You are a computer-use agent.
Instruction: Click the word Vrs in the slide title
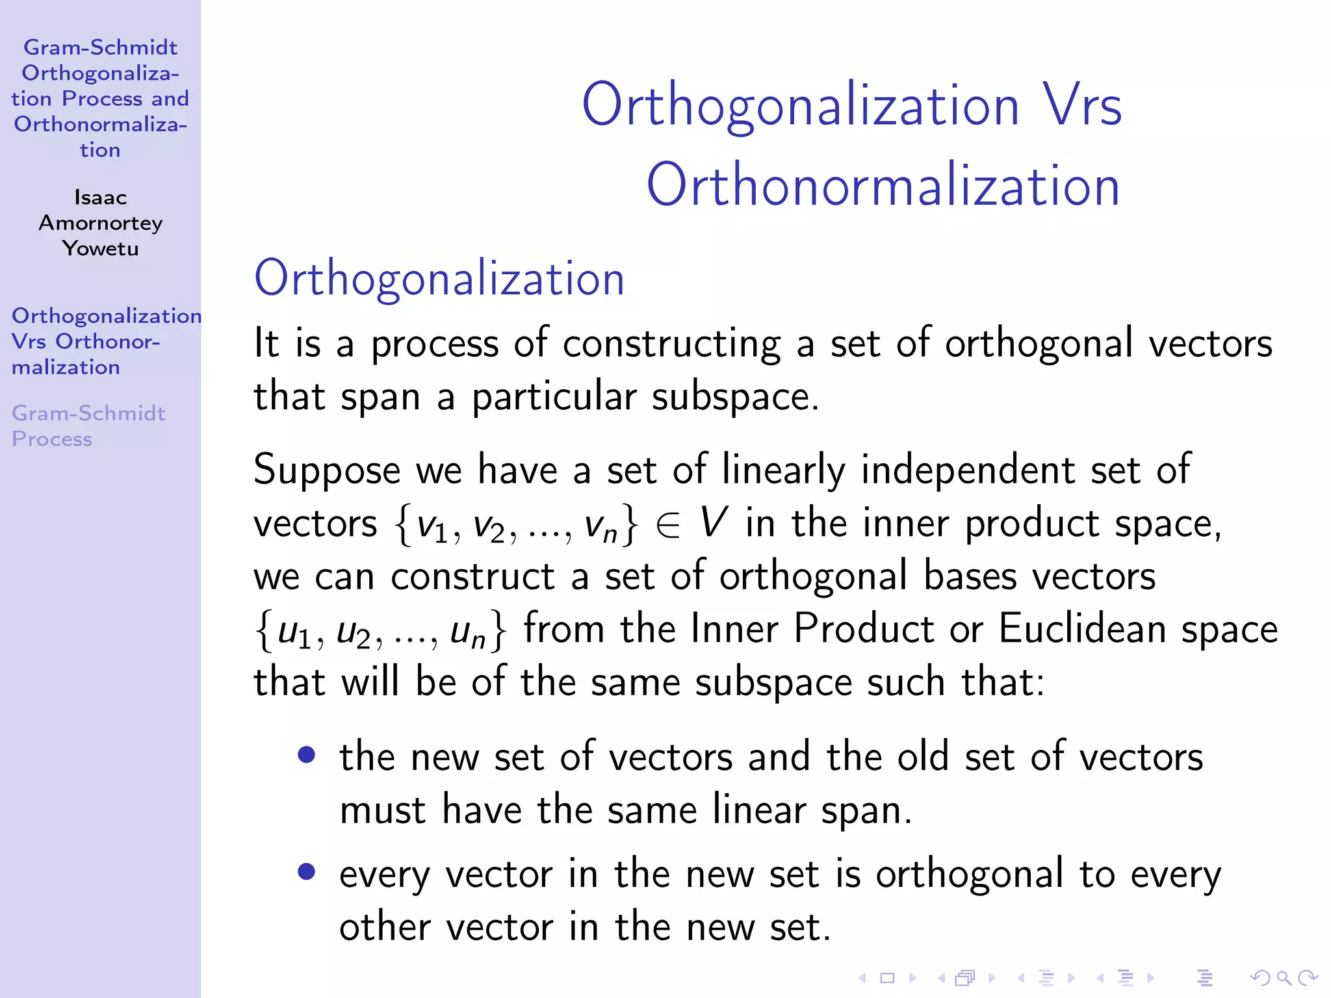click(1083, 105)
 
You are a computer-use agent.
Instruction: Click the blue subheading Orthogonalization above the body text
click(439, 278)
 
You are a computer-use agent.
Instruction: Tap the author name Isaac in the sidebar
click(100, 197)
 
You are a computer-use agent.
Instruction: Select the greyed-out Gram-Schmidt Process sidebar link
click(88, 426)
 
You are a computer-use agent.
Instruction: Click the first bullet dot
click(307, 755)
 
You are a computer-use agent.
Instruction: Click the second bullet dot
click(307, 872)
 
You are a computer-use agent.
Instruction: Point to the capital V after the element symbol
click(713, 522)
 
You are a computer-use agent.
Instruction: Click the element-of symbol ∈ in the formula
click(667, 525)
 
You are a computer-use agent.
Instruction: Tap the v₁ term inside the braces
click(433, 525)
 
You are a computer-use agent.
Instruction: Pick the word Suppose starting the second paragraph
click(327, 470)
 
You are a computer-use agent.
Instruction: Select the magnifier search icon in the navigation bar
click(1284, 977)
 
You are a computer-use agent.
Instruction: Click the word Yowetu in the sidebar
click(100, 248)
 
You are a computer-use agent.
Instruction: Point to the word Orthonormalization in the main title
click(883, 185)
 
